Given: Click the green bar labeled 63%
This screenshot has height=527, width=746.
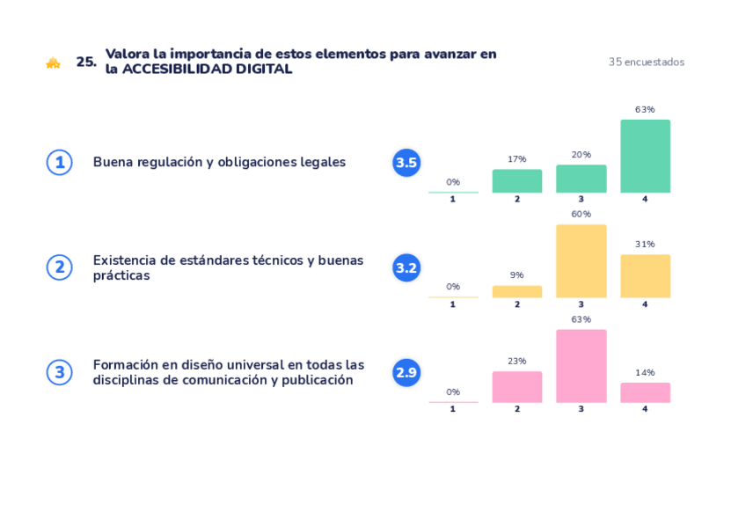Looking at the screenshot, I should [x=645, y=156].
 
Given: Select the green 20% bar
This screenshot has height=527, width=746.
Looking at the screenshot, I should [x=581, y=179].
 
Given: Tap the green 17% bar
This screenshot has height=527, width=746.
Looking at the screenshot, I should [x=516, y=180].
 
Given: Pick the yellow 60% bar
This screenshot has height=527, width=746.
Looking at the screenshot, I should [x=581, y=260].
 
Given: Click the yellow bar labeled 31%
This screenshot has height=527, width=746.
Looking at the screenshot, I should [x=645, y=275].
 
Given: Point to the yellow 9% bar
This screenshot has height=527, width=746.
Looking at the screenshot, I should [x=516, y=291].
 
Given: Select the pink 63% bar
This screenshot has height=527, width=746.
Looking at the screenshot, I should [x=581, y=366].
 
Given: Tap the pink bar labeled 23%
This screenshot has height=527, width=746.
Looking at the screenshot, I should [x=516, y=386].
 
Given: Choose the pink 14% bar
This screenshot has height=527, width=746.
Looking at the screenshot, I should [x=645, y=392].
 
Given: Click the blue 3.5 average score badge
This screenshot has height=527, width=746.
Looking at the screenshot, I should [x=406, y=163].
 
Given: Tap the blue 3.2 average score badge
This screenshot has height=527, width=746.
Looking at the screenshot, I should [x=406, y=267].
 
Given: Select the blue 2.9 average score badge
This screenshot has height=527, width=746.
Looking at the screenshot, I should [x=406, y=372].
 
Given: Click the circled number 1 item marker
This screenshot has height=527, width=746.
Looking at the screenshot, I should [x=59, y=163].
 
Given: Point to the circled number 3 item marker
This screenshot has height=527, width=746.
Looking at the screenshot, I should [x=59, y=372].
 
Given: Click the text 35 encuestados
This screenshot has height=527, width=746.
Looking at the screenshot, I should [x=646, y=62].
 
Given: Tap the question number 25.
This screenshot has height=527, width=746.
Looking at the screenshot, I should [x=85, y=62].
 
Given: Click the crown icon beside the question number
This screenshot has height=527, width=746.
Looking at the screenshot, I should [x=53, y=62].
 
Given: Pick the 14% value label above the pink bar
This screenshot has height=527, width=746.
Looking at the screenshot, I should [x=645, y=372].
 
